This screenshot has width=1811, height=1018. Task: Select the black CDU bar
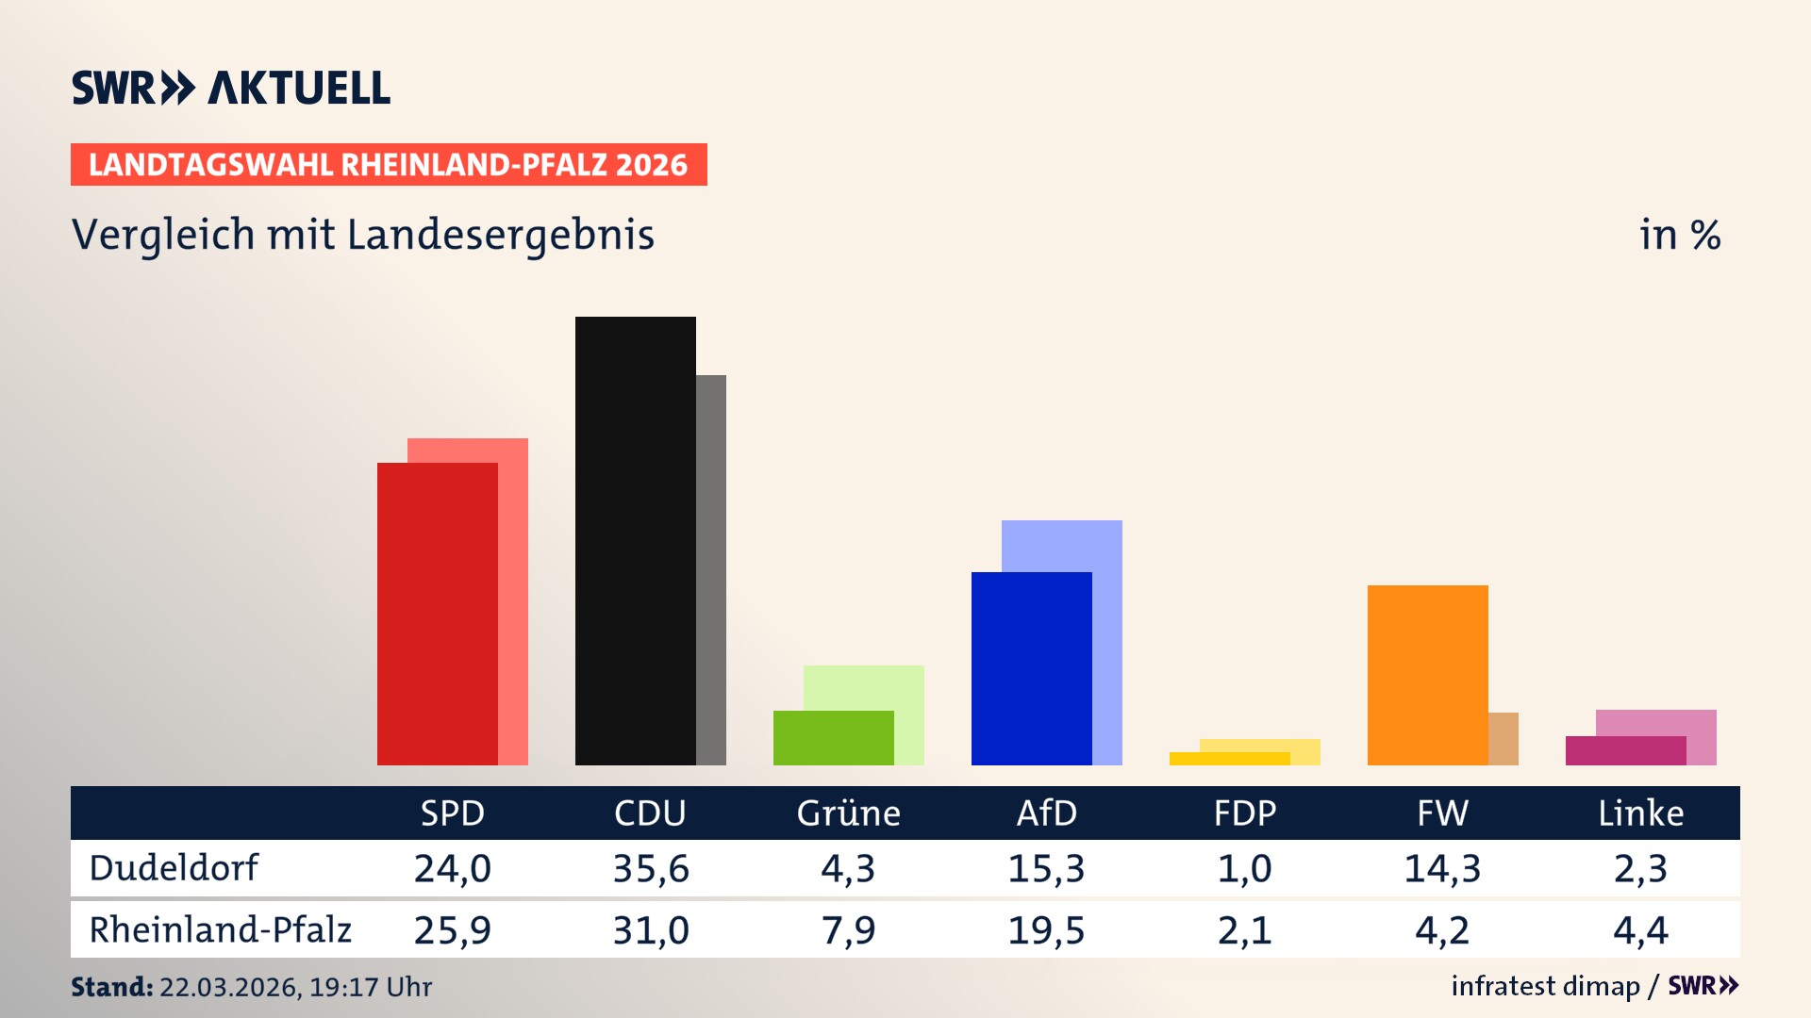(635, 540)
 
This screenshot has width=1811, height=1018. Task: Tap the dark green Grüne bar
(833, 737)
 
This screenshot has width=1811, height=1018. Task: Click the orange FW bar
(1427, 674)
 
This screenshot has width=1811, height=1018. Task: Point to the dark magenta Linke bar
(1625, 750)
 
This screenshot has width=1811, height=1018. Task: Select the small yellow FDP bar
(1229, 759)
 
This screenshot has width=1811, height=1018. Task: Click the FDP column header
(1244, 813)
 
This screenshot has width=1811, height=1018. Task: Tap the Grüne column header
(848, 813)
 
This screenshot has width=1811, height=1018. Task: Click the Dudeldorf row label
(174, 867)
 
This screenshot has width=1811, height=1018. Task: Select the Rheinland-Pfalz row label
(220, 929)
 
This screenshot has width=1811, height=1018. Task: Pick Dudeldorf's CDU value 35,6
(650, 868)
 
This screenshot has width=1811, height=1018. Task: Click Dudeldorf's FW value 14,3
(1442, 868)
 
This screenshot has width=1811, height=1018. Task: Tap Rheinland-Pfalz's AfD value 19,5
(1046, 930)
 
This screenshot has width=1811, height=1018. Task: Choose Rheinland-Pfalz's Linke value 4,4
(1640, 930)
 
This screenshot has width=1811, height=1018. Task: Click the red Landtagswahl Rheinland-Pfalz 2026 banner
(389, 164)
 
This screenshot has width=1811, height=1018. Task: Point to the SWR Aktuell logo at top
(231, 88)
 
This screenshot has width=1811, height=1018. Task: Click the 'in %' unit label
(1679, 235)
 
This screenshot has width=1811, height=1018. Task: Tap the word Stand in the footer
(111, 987)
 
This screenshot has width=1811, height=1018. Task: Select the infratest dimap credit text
(1545, 986)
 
